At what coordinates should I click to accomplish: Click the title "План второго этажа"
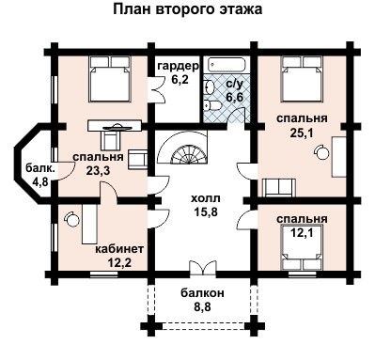[187, 10]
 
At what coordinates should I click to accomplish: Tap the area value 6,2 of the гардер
[180, 79]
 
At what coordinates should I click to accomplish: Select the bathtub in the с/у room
[227, 65]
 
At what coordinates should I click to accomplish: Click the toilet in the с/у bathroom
[211, 105]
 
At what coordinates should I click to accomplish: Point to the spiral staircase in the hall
[182, 148]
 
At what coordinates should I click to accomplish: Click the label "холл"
[206, 198]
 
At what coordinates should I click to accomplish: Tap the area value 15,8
[205, 212]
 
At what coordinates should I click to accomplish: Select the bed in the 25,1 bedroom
[303, 79]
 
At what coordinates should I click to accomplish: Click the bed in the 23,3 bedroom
[110, 79]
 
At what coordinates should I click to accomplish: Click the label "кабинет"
[119, 249]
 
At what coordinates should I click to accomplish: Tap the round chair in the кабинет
[71, 218]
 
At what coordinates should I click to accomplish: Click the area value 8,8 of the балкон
[202, 306]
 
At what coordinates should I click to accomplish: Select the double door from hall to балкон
[203, 269]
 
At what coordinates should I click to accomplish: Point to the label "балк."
[40, 168]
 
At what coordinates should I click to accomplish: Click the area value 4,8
[40, 181]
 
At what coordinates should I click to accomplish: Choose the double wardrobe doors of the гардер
[158, 88]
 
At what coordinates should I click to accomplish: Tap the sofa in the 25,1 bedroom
[279, 187]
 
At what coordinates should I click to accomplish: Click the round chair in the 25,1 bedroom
[321, 152]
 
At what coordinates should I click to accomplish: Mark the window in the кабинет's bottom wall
[103, 274]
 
